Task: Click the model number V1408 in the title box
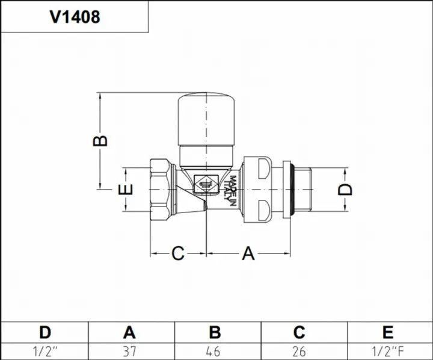click(75, 17)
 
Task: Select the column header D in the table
click(45, 332)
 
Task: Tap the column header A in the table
click(129, 332)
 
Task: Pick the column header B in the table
click(215, 332)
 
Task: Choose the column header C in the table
click(299, 332)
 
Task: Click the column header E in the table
click(388, 332)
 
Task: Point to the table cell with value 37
click(129, 352)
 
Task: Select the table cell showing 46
click(213, 352)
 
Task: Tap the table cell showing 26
click(299, 352)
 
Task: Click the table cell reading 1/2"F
click(388, 352)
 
